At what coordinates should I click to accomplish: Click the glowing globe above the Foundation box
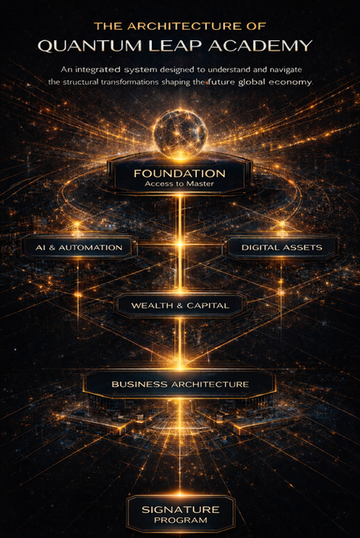pyautogui.click(x=180, y=133)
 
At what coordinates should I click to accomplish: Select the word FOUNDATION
pyautogui.click(x=180, y=173)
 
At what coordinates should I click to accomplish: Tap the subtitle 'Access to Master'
pyautogui.click(x=179, y=183)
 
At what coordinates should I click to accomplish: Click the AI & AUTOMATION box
pyautogui.click(x=79, y=248)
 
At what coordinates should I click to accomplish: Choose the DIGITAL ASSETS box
pyautogui.click(x=281, y=248)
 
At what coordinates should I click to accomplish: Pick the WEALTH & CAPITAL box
pyautogui.click(x=180, y=306)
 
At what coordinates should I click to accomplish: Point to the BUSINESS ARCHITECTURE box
pyautogui.click(x=180, y=384)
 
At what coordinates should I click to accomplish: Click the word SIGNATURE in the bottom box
pyautogui.click(x=181, y=510)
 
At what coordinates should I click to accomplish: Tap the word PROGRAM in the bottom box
pyautogui.click(x=181, y=520)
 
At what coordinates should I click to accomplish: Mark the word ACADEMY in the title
pyautogui.click(x=260, y=46)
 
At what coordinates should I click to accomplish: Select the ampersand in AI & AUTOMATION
pyautogui.click(x=51, y=248)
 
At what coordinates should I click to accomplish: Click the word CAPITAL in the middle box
pyautogui.click(x=208, y=306)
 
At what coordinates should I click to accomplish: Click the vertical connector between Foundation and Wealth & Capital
pyautogui.click(x=180, y=244)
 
